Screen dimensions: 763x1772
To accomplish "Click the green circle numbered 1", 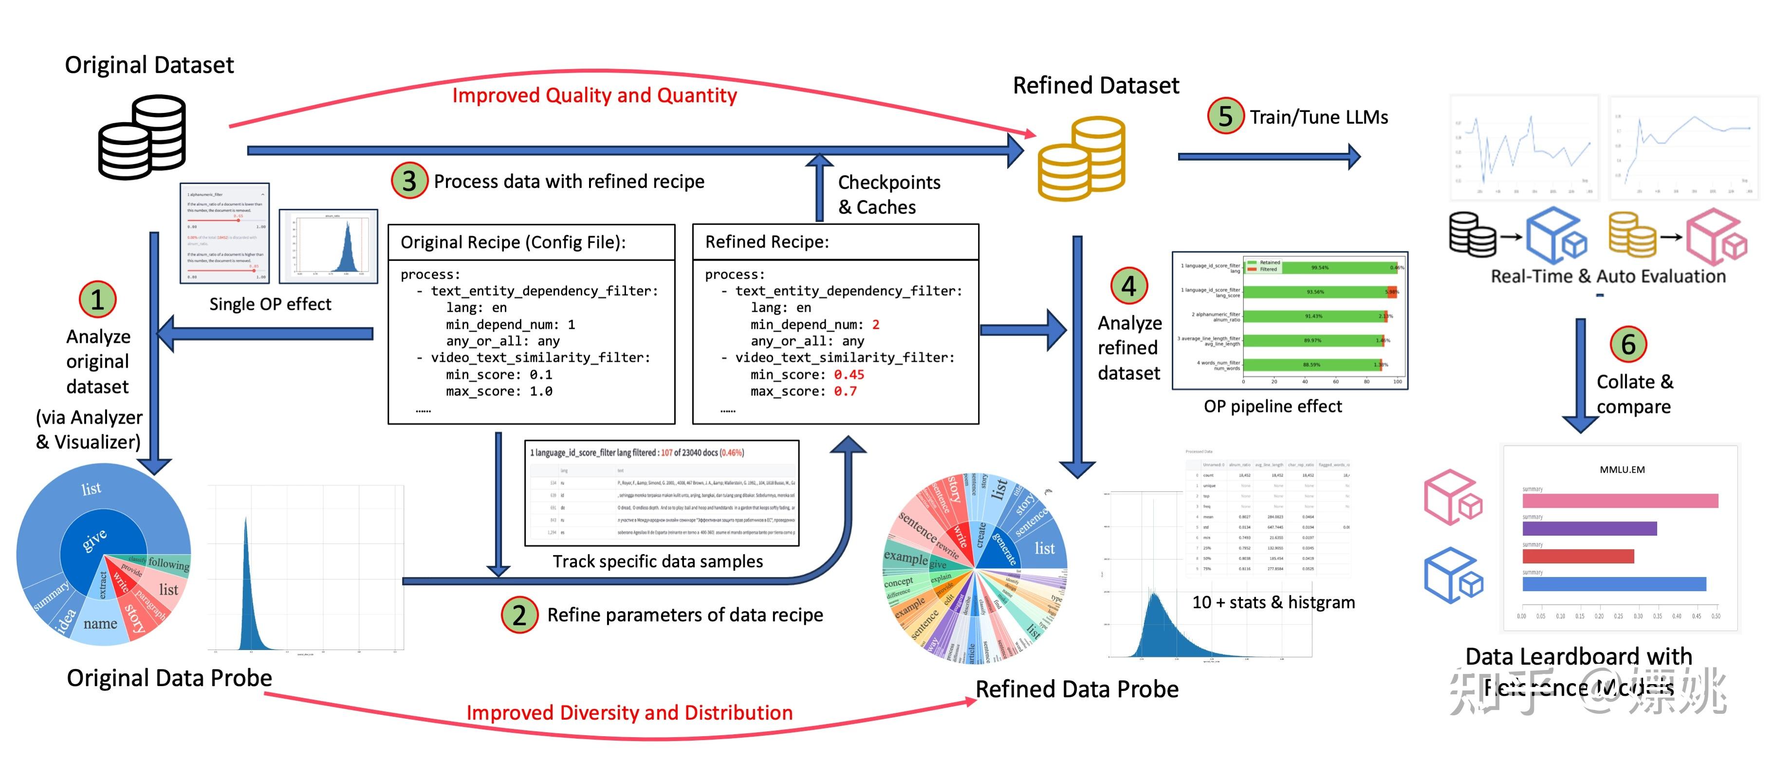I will (x=98, y=299).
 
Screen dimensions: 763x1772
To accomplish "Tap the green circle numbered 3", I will (x=409, y=181).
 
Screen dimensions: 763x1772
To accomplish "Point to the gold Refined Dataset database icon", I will (x=1081, y=158).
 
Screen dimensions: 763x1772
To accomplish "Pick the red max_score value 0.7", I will (x=845, y=391).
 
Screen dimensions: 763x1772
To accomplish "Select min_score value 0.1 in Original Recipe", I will (x=541, y=374).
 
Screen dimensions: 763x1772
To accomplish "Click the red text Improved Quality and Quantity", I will (x=594, y=95).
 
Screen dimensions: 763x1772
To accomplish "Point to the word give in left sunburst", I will (x=95, y=540).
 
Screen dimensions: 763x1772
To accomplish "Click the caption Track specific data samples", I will (x=658, y=561).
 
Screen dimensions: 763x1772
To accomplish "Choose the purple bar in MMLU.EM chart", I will (x=1589, y=528).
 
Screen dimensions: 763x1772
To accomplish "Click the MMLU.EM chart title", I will (x=1622, y=469).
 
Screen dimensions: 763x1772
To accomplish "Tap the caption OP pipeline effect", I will (x=1273, y=406).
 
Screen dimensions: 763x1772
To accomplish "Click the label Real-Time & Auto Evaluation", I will (x=1607, y=276).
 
